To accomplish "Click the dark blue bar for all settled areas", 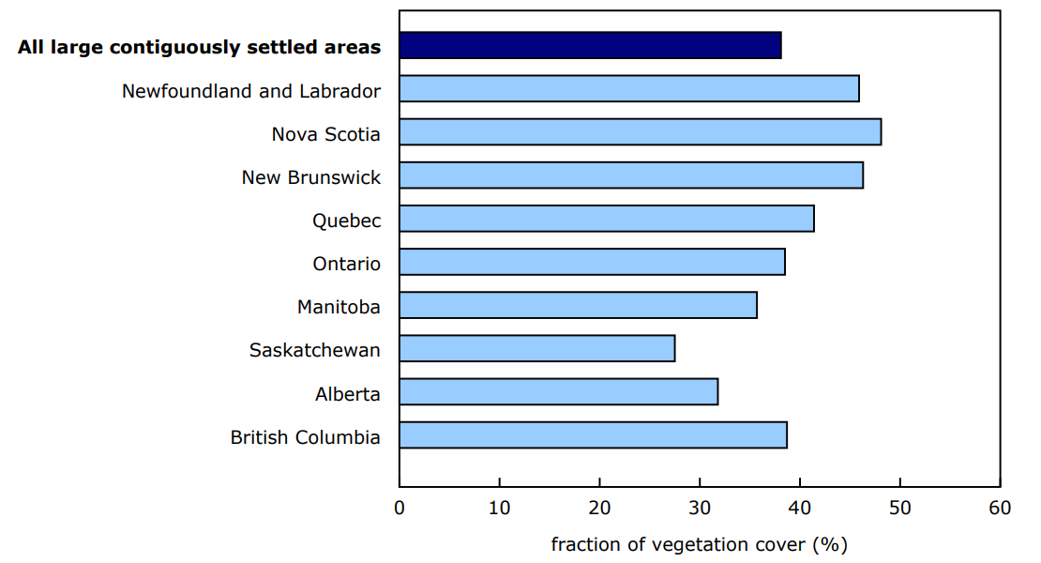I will [x=590, y=45].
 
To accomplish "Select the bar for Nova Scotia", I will [x=640, y=132].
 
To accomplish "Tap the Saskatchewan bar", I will [x=536, y=348].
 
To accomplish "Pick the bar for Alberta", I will [x=558, y=391].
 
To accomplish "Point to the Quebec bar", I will [x=606, y=219].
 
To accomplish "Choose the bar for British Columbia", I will [x=593, y=434].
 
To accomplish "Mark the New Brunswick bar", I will [x=631, y=175].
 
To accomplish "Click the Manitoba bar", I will [x=578, y=305].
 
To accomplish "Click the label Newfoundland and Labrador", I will [x=251, y=91].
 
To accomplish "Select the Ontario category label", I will [x=347, y=264].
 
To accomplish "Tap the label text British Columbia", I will [x=306, y=437].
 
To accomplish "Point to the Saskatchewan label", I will [x=315, y=350].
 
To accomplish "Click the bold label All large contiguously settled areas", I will [x=200, y=47].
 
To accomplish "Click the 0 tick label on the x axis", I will [x=400, y=509].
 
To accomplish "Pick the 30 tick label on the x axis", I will [x=700, y=509].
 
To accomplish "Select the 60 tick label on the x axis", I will [x=1000, y=509].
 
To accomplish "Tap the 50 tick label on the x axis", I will [x=899, y=509].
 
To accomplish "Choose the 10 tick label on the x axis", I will [x=499, y=509].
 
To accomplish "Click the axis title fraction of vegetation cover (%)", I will [x=699, y=544].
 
